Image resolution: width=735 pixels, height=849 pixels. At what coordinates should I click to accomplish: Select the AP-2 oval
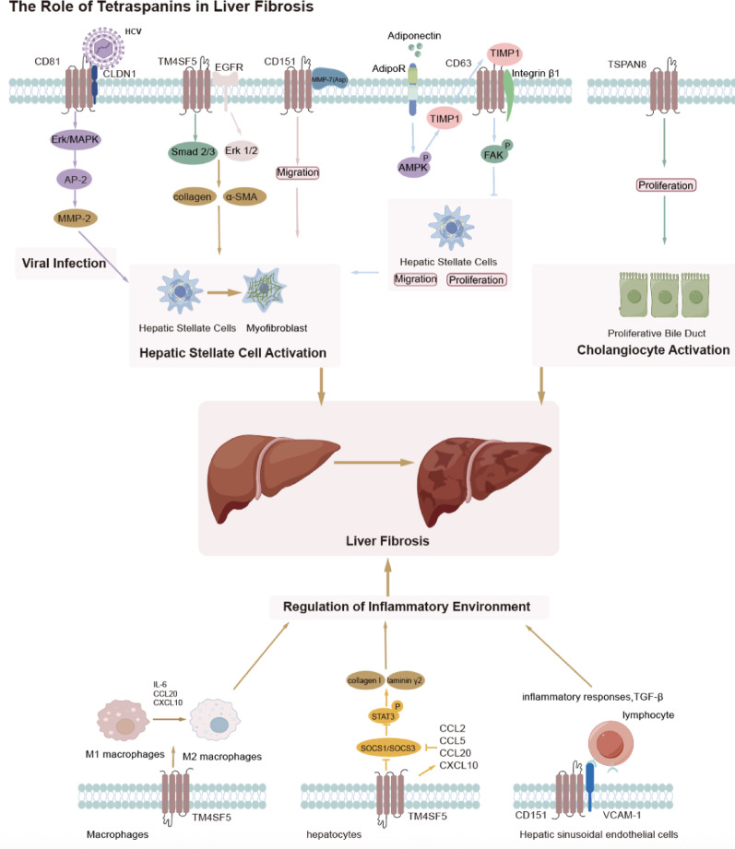click(78, 184)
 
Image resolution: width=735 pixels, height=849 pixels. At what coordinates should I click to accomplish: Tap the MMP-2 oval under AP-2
click(78, 222)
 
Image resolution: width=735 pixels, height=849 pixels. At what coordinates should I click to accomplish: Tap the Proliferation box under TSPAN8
click(664, 185)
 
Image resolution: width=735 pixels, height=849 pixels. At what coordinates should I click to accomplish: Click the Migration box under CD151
click(298, 171)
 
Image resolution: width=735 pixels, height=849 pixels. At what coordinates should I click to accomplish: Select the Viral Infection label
click(63, 265)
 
